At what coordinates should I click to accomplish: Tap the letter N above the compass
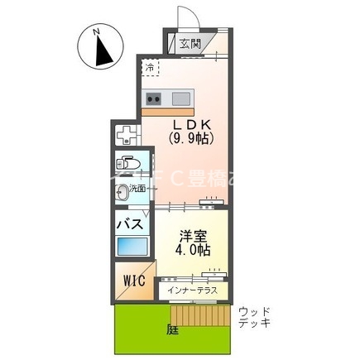coord(98,31)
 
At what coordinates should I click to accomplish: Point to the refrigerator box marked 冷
coord(151,68)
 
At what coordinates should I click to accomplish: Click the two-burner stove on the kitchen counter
coord(154,98)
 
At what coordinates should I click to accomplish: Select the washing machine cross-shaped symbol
coord(127,134)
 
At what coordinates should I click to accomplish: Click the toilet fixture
coord(129,161)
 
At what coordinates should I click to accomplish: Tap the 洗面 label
coord(138,189)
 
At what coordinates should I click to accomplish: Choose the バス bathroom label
coord(132,223)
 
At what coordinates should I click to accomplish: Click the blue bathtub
coord(132,247)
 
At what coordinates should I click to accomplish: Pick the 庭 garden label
coord(171,329)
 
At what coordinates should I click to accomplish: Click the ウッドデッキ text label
coord(253,319)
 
